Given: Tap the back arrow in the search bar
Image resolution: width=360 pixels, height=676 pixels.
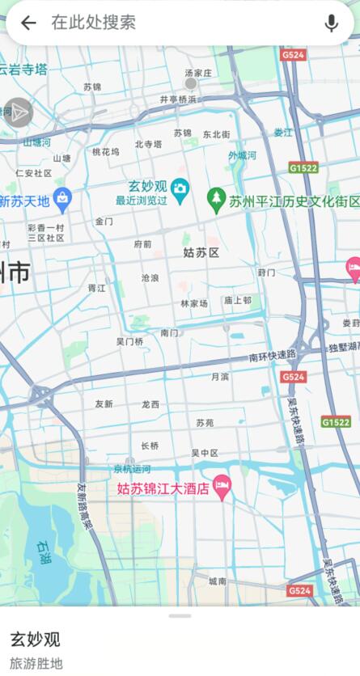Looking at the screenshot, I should coord(28,23).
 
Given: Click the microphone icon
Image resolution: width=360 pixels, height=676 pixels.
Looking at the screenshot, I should coord(331,23).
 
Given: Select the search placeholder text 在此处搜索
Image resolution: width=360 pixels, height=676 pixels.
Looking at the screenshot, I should coord(93,23).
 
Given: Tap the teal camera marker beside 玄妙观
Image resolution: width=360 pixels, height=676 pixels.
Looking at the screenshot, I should coord(180,188).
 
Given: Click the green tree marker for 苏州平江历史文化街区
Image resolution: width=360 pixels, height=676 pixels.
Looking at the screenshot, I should coord(215,196).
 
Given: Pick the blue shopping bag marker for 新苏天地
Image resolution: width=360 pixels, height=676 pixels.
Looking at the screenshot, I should coord(62,196).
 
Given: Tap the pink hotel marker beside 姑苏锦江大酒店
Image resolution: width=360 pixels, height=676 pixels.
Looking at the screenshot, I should coord(222,487).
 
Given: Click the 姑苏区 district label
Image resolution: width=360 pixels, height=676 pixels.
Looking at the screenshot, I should coord(201,253).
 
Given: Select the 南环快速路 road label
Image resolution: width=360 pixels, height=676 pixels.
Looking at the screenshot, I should coord(273,356).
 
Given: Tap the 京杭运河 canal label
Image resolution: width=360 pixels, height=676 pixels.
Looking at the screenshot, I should coord(131,469).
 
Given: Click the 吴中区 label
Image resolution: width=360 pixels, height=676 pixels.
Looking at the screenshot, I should coord(205,453).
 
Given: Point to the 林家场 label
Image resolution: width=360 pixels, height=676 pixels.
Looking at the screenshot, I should coord(194,303).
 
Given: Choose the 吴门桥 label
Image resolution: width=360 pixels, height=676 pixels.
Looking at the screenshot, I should coord(129,342).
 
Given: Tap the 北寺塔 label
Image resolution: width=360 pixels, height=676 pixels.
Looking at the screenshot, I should coord(149,145).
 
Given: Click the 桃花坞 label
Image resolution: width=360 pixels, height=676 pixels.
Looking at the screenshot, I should coord(105,151).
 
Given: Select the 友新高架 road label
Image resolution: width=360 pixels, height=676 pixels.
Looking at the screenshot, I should coord(85,505).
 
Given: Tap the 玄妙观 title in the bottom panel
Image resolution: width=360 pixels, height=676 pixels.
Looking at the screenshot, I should coord(35,640).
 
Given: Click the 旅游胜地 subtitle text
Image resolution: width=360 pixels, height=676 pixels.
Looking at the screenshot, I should coord(36,664).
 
